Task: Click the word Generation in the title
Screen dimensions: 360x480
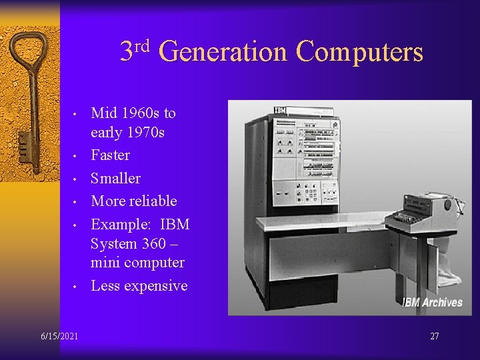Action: (x=224, y=52)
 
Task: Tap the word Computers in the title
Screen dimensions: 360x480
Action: (x=359, y=52)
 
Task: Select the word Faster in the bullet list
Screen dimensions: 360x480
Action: (x=110, y=155)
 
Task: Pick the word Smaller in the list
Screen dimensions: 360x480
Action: (x=115, y=178)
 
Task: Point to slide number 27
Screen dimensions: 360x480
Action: (x=434, y=336)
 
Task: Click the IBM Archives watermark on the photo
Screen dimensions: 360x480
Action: (x=432, y=303)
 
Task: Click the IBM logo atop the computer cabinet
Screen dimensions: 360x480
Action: (x=280, y=110)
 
